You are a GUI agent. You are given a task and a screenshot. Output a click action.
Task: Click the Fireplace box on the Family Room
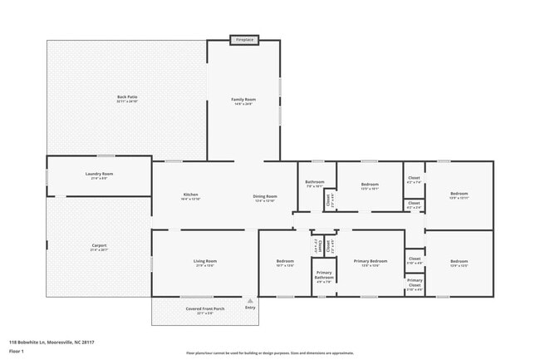tap(244, 39)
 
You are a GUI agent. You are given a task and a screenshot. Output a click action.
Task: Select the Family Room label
tap(243, 101)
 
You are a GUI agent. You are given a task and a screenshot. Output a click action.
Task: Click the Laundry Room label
tap(98, 175)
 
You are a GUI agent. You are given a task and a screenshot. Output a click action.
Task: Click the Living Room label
tap(205, 263)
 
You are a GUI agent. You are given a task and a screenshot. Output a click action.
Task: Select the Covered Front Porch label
tap(204, 309)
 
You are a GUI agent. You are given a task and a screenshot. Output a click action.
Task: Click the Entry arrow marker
tap(250, 301)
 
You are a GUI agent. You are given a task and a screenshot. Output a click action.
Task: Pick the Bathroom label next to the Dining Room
tap(315, 183)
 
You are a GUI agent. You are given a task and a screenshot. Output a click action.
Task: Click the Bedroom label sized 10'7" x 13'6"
tap(285, 263)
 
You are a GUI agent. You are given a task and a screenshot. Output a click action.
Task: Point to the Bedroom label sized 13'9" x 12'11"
tap(459, 195)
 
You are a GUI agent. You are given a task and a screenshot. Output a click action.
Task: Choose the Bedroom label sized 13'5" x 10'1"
tap(370, 185)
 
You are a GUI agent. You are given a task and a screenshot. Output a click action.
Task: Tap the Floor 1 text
tap(17, 352)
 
